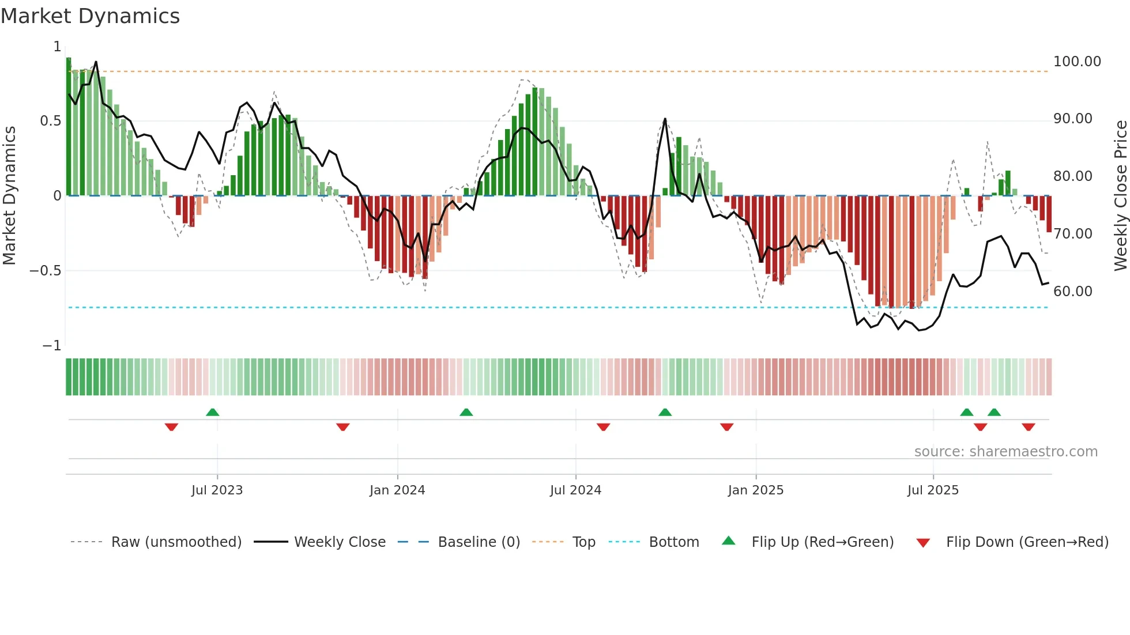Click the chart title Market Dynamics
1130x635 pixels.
[90, 16]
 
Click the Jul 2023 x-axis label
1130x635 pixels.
[217, 490]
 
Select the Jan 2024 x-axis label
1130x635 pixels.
[397, 490]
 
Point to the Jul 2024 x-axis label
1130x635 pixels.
[575, 490]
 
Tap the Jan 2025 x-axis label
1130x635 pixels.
[755, 490]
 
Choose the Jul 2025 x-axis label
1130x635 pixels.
[933, 490]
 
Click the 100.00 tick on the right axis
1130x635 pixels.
[1077, 62]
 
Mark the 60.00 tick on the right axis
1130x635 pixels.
[1072, 292]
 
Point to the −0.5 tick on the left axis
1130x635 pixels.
[45, 271]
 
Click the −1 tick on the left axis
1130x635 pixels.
[51, 346]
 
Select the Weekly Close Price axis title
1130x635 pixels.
[1120, 195]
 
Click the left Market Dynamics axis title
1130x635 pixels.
[9, 195]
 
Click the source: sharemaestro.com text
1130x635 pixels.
[1005, 452]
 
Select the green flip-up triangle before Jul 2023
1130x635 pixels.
[212, 412]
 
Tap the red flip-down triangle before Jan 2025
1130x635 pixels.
[726, 427]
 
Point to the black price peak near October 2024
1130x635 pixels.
[665, 119]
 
